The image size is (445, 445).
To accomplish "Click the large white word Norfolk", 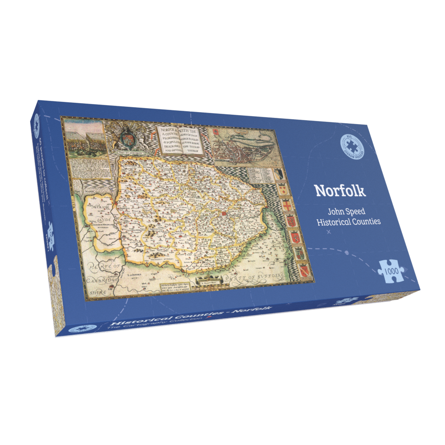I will (x=340, y=190).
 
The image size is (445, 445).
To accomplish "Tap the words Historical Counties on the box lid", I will (x=348, y=222).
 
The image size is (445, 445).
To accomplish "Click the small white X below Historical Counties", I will (x=329, y=232).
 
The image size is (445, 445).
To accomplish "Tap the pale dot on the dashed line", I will (x=347, y=253).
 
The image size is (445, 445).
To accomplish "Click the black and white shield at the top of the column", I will (x=279, y=173).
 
